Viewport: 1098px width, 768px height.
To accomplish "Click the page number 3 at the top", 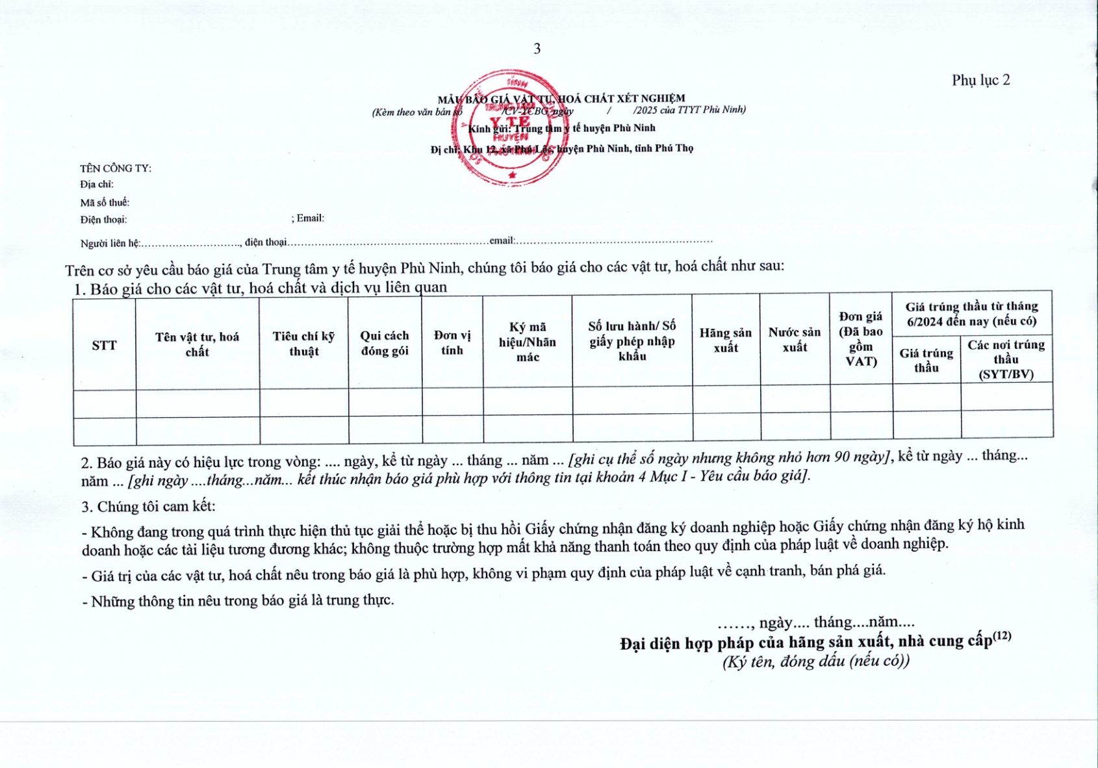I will click(x=537, y=49).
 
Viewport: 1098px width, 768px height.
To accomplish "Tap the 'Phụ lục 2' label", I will click(x=980, y=80).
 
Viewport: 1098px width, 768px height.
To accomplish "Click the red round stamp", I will click(x=510, y=129).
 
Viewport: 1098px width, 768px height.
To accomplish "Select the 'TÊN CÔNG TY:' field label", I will click(x=116, y=168).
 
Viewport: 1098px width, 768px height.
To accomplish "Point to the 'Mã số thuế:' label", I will click(x=105, y=203).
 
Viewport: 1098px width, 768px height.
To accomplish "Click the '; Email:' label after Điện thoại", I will click(x=308, y=218).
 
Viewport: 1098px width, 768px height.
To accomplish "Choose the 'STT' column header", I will click(x=104, y=345).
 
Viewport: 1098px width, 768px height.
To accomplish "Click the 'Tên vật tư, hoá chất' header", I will click(x=197, y=344).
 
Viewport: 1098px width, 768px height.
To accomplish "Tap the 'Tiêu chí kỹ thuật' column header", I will click(x=303, y=343).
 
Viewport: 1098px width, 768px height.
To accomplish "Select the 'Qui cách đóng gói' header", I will click(x=385, y=343).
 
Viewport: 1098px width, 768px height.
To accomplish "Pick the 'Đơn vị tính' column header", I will click(x=452, y=342).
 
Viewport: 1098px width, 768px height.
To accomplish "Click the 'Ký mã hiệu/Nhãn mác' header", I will click(x=528, y=342).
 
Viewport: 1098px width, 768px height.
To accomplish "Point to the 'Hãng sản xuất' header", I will click(x=726, y=340).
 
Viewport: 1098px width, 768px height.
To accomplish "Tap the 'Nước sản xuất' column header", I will click(x=795, y=340).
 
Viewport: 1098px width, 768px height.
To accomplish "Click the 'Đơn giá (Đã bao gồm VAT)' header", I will click(x=861, y=339).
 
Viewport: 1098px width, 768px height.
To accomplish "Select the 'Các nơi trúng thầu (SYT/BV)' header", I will click(x=1006, y=359).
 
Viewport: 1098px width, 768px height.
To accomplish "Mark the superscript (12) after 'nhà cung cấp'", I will click(x=1002, y=635).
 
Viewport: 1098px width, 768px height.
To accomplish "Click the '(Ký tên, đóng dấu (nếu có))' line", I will click(x=815, y=661).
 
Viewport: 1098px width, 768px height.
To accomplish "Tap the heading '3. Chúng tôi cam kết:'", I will click(x=148, y=507).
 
